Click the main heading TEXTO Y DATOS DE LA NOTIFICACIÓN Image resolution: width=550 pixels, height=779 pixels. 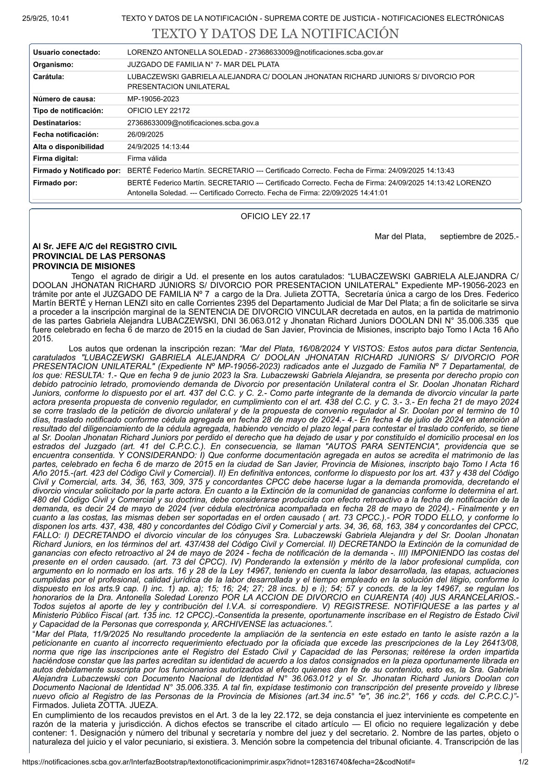point(275,34)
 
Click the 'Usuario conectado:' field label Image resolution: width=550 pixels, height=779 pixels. point(67,53)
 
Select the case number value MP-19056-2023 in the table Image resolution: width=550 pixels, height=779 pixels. point(153,99)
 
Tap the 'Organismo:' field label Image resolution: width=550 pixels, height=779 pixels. point(53,65)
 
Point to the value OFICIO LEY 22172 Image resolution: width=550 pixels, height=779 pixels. point(158,111)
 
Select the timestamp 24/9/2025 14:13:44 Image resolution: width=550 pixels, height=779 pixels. point(158,147)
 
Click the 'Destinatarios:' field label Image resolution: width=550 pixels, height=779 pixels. point(57,123)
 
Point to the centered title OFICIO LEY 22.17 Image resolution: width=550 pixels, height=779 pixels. point(275,217)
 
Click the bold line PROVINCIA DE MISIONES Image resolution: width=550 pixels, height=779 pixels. point(84,267)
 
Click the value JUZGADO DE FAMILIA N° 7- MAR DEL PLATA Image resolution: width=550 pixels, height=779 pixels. point(203,65)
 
